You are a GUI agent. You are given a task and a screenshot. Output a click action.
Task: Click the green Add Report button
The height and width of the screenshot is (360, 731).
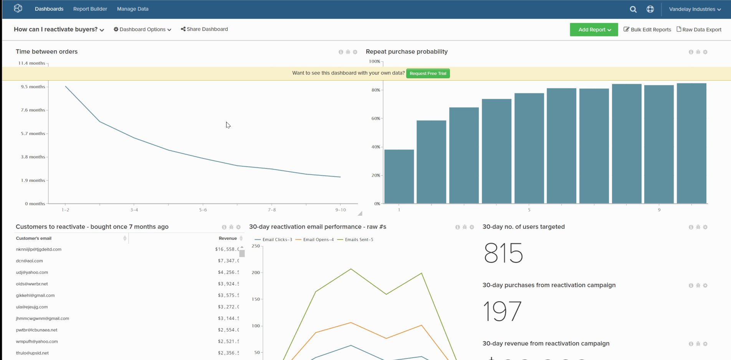tap(594, 30)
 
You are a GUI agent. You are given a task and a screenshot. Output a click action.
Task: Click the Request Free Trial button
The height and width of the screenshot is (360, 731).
tap(428, 73)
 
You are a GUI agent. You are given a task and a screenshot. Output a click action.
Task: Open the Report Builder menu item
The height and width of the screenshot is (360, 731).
tap(90, 9)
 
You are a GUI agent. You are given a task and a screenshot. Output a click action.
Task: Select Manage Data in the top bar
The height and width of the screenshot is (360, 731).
tap(132, 9)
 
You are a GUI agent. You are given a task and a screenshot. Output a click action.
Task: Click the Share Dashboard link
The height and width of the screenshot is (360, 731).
tap(204, 29)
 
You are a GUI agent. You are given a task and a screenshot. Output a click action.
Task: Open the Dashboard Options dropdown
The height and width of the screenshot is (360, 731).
tap(142, 30)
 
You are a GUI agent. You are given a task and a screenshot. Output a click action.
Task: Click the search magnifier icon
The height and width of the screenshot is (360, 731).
tap(633, 9)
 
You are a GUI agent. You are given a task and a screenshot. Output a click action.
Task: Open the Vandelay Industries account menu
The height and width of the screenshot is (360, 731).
tap(695, 9)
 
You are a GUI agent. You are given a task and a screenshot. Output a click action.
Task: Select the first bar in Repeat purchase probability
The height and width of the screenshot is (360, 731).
tap(399, 177)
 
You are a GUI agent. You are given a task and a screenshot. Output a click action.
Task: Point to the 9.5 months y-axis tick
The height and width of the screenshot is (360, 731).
tap(33, 87)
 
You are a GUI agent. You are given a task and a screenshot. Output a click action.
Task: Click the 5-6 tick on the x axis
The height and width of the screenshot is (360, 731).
tap(203, 210)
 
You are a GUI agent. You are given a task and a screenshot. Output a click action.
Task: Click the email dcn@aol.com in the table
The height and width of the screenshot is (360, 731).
tap(30, 261)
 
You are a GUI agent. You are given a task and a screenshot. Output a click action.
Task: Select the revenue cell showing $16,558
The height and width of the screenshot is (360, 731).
tap(227, 249)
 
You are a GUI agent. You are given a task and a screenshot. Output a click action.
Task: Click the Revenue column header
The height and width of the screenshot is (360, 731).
tap(228, 238)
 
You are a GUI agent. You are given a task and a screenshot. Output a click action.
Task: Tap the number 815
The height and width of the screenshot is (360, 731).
tap(503, 253)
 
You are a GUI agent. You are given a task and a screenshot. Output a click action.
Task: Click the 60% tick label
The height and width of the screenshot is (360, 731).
tap(375, 119)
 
